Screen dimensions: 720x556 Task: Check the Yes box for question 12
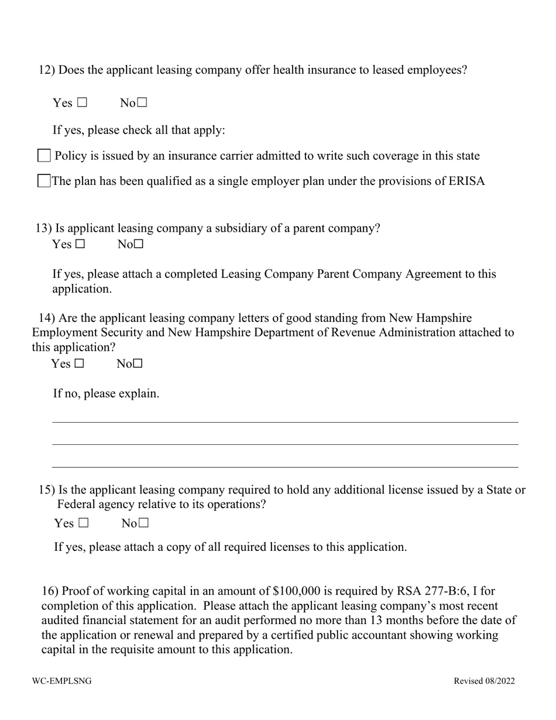(x=81, y=104)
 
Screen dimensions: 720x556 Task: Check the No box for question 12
(x=142, y=104)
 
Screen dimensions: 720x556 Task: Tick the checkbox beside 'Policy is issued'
(x=44, y=156)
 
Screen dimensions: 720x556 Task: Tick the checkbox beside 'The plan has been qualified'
(x=44, y=181)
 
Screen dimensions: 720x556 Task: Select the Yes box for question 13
(x=80, y=245)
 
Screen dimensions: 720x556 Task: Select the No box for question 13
(x=138, y=245)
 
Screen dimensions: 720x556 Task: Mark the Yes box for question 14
(x=79, y=364)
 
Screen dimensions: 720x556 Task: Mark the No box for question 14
(x=138, y=364)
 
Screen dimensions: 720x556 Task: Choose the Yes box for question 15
(x=83, y=523)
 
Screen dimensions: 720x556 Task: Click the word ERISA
(x=466, y=181)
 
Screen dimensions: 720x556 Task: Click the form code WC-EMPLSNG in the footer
(x=61, y=681)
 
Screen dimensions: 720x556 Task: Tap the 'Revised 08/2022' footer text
(x=484, y=681)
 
